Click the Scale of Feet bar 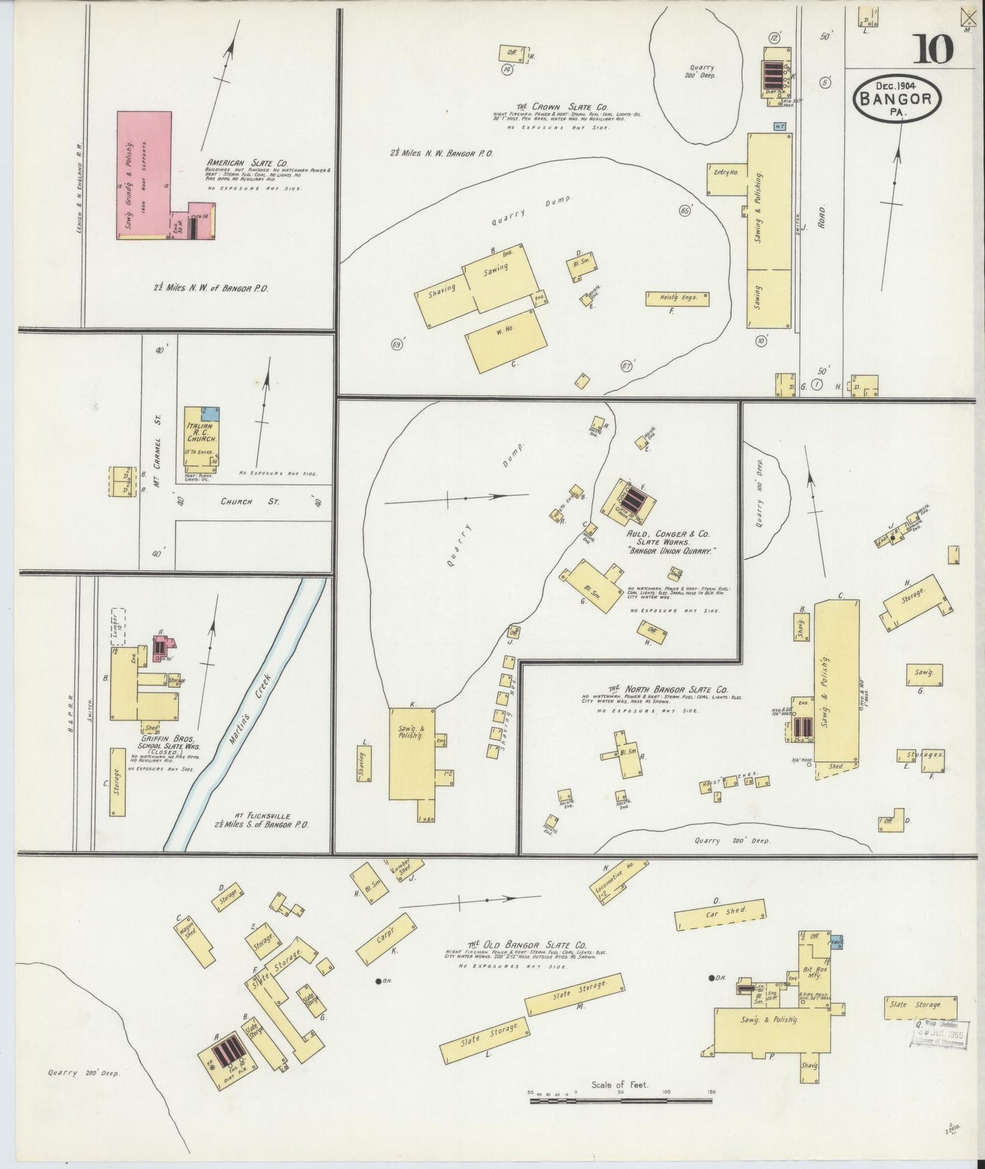(x=620, y=1099)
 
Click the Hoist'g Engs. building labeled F (x=677, y=299)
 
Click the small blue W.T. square (x=778, y=126)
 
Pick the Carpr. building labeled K (x=386, y=939)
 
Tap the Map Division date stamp (x=940, y=1034)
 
